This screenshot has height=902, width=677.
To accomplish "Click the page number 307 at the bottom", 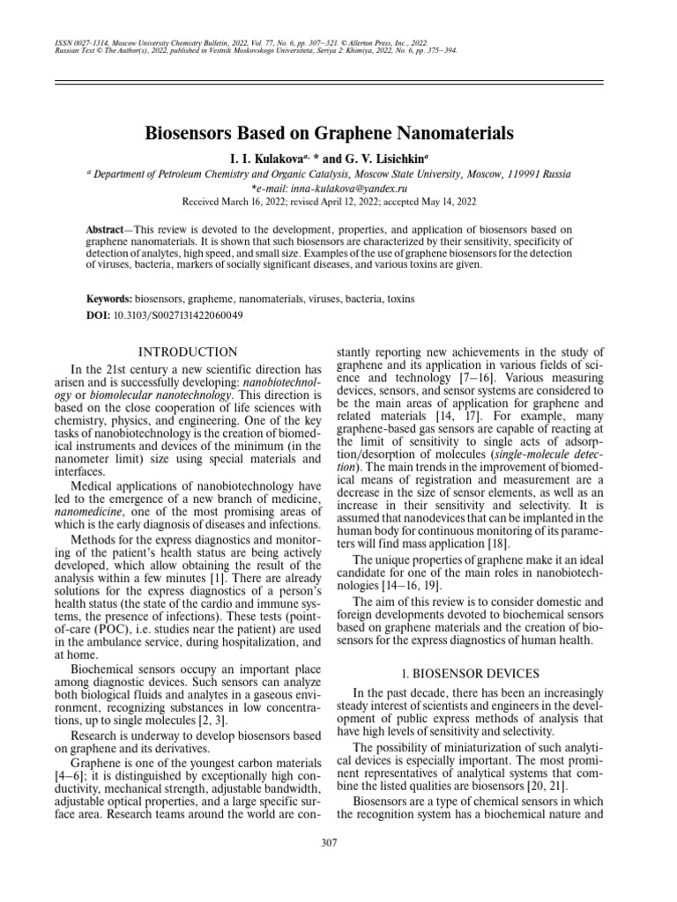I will pyautogui.click(x=330, y=843).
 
